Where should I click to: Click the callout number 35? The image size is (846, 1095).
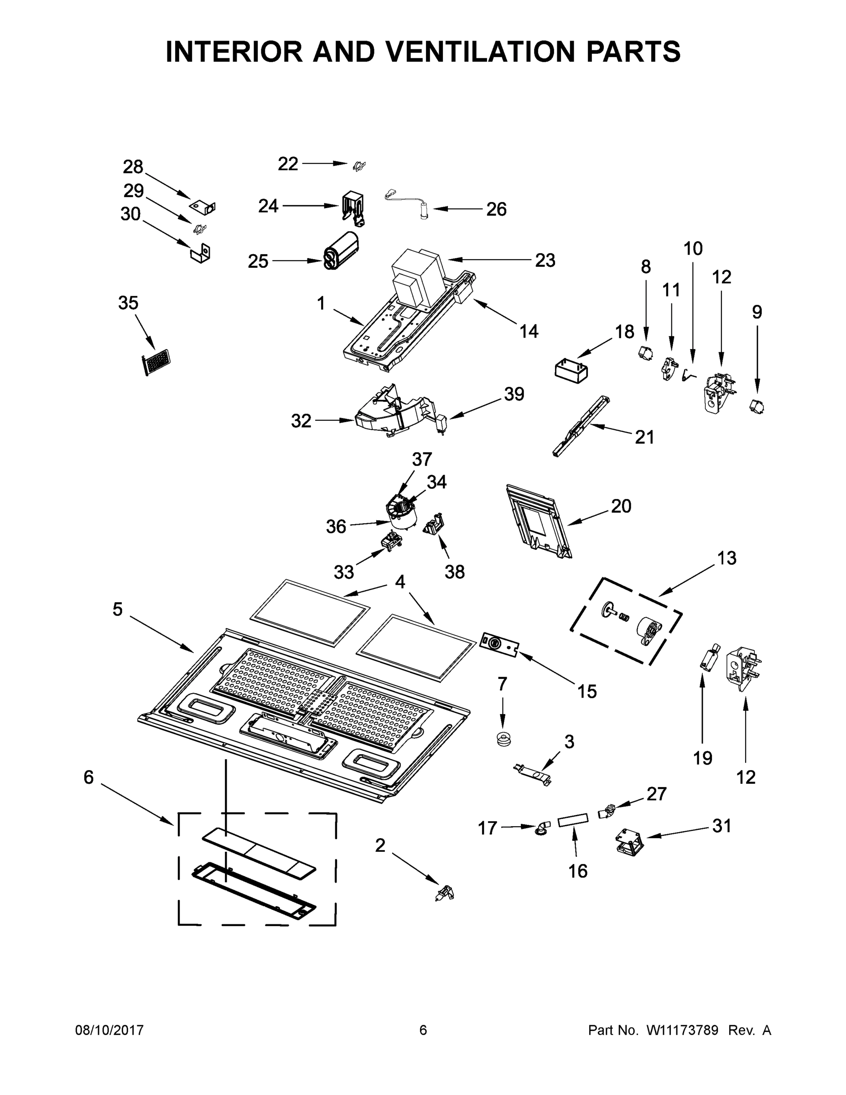click(x=128, y=303)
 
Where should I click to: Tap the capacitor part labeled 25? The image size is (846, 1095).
click(x=341, y=250)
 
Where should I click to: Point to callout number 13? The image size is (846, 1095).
click(x=727, y=558)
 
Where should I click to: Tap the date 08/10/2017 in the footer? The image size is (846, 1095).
click(x=109, y=1030)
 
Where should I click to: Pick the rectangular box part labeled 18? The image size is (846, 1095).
click(x=571, y=371)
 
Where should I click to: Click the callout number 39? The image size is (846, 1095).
click(x=514, y=394)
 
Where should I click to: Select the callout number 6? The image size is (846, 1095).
click(x=89, y=777)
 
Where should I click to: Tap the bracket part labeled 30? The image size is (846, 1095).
click(x=201, y=254)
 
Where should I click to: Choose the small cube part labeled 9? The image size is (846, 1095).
click(x=757, y=407)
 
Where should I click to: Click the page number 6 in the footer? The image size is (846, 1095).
click(x=423, y=1030)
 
